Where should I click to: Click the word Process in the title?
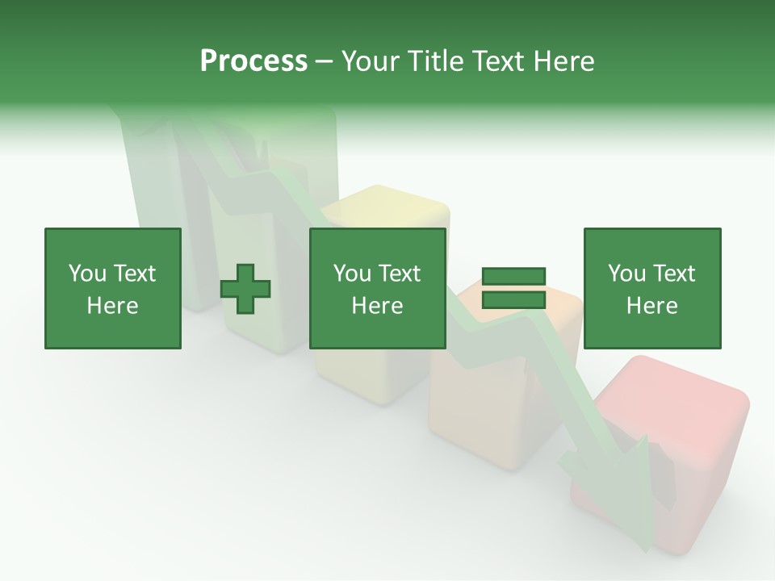click(x=253, y=61)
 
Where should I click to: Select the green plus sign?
click(x=245, y=289)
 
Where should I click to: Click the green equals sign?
click(x=513, y=288)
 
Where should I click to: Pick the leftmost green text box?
click(x=113, y=288)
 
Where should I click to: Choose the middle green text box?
click(x=378, y=288)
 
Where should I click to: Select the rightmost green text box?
click(x=652, y=288)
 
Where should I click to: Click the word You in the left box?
click(x=86, y=273)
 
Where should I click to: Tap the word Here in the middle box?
click(x=378, y=306)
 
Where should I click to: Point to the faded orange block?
click(x=484, y=403)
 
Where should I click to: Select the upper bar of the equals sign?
click(x=513, y=277)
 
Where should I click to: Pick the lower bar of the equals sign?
click(x=513, y=299)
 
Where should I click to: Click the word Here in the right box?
click(x=652, y=306)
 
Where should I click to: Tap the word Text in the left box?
click(x=134, y=273)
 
